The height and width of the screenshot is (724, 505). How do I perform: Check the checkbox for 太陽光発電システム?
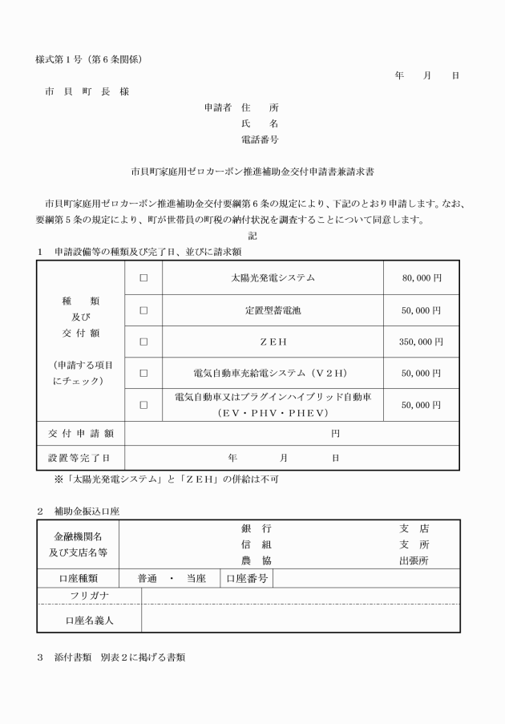[x=144, y=278]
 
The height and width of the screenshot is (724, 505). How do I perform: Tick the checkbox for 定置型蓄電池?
[x=144, y=309]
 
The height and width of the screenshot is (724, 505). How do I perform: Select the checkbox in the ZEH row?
[x=144, y=341]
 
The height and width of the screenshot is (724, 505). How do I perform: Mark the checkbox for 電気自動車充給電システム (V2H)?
[x=144, y=373]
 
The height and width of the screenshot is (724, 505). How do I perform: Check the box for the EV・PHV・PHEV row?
[x=144, y=405]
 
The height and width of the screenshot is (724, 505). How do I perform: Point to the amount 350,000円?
[x=420, y=341]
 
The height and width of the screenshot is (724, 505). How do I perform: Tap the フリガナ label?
[x=89, y=595]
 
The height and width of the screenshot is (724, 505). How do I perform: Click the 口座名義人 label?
[x=89, y=619]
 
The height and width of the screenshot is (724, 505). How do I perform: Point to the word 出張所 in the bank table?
[x=414, y=560]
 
